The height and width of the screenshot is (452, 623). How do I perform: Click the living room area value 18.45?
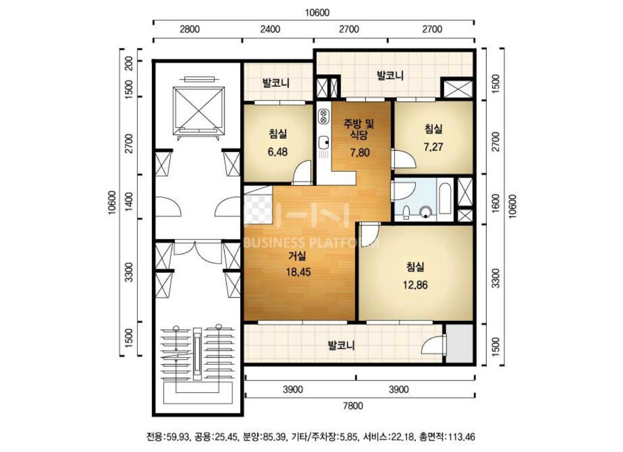tap(299, 272)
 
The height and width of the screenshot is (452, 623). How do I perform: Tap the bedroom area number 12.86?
tap(415, 285)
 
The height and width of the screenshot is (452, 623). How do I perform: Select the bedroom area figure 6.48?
tap(277, 152)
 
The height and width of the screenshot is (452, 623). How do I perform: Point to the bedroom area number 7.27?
tap(433, 147)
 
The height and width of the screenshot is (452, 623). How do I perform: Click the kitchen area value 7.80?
tap(360, 153)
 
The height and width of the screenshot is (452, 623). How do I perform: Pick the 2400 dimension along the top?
tap(270, 29)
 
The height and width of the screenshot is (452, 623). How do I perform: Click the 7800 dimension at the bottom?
tap(353, 406)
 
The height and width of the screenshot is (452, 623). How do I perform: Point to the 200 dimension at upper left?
tap(129, 63)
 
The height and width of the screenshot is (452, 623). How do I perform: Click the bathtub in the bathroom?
tap(445, 198)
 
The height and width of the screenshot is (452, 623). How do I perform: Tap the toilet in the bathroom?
tap(407, 212)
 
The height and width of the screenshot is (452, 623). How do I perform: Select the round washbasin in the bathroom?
tap(426, 212)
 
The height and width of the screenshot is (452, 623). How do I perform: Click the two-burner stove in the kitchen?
tap(323, 117)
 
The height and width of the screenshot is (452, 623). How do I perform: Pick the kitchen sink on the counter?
tap(324, 143)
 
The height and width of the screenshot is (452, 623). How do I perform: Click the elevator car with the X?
tap(198, 111)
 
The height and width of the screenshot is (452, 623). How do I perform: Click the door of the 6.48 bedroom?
tap(302, 172)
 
